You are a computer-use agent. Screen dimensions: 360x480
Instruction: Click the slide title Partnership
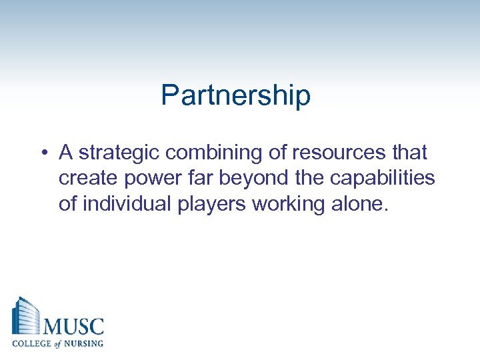coord(235,96)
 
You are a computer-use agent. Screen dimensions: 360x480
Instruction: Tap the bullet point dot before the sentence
coord(42,154)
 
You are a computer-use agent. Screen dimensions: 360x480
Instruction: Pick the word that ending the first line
coord(409,153)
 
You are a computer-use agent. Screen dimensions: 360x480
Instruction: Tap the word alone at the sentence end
coord(360,203)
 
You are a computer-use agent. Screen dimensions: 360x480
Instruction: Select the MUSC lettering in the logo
coord(73,327)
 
